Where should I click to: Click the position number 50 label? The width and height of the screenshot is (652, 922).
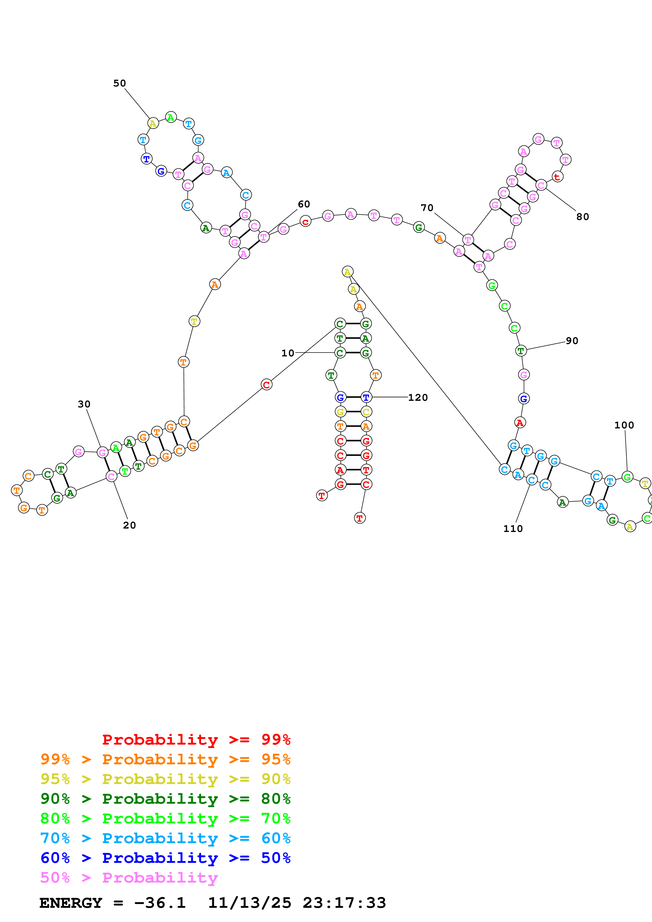point(119,83)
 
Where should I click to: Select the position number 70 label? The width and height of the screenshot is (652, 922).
point(427,208)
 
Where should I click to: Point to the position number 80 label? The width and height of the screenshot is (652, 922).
point(583,217)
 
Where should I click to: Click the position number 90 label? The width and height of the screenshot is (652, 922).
point(572,341)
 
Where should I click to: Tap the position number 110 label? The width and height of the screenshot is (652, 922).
point(513,529)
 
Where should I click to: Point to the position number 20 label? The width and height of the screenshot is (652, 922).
point(129,525)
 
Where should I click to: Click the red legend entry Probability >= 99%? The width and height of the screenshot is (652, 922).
point(196,739)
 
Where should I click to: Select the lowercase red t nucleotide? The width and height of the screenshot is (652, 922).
point(557,177)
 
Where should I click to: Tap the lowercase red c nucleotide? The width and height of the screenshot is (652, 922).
point(305,221)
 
